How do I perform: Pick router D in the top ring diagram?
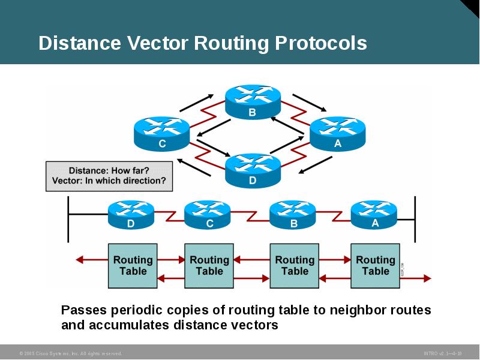(252, 169)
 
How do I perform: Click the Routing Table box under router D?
(133, 265)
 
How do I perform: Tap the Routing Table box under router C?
(209, 265)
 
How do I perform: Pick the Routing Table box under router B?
(295, 265)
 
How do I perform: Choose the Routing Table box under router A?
(375, 265)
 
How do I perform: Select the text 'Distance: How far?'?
(109, 170)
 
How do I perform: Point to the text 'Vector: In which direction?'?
(109, 181)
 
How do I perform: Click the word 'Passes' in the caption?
(82, 311)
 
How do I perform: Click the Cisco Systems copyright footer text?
(71, 353)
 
